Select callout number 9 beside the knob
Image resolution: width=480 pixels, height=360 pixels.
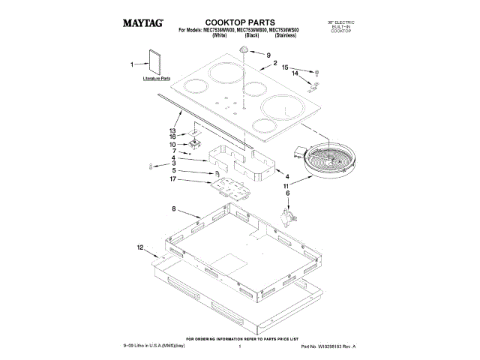(x=266, y=55)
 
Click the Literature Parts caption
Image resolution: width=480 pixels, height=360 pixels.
(x=157, y=78)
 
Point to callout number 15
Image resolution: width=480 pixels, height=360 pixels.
(x=285, y=67)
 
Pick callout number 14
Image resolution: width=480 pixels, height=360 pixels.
(x=295, y=73)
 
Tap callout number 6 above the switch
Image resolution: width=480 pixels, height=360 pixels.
(x=286, y=193)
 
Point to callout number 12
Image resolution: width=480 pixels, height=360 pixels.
(x=140, y=247)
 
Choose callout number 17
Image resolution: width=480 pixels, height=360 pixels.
(x=172, y=179)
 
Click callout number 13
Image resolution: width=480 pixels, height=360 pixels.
(x=172, y=130)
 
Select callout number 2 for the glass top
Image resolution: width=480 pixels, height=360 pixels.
(x=275, y=64)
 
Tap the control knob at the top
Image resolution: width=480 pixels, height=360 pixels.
(x=244, y=49)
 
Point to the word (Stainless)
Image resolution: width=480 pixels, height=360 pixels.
(x=286, y=35)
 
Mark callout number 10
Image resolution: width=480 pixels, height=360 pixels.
(x=172, y=143)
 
